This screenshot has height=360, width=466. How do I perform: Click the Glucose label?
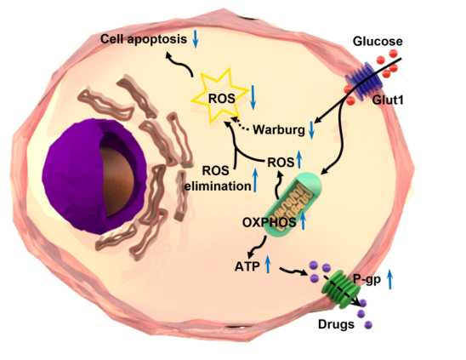[378, 42]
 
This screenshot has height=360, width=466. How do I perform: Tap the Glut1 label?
[388, 100]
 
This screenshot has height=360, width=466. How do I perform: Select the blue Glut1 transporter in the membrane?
[364, 81]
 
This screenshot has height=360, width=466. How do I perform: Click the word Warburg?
[279, 130]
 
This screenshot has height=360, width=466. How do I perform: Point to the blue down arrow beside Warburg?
[311, 130]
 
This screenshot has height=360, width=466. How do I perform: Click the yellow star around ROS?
[220, 96]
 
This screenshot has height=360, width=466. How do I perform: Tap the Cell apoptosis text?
[144, 39]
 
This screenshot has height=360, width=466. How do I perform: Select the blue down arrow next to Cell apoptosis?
[196, 38]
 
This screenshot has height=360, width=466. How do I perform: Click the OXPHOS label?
[270, 222]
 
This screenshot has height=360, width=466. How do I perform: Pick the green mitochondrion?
[293, 204]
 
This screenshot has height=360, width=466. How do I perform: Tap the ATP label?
[247, 266]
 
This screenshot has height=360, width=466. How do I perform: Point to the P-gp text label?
[367, 279]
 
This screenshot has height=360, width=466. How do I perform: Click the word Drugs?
[336, 324]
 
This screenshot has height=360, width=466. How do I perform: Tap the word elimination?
[218, 186]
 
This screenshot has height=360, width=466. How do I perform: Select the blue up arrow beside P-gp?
[390, 280]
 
